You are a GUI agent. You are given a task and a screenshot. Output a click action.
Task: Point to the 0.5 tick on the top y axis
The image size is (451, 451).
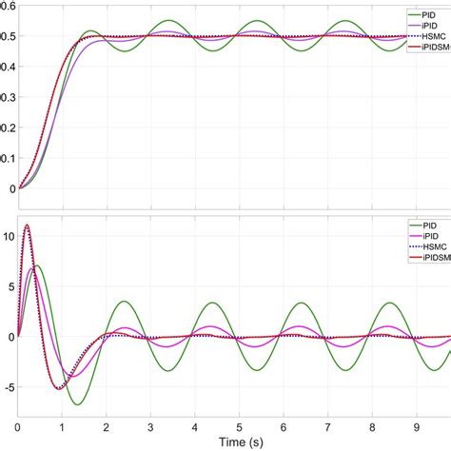click(x=8, y=36)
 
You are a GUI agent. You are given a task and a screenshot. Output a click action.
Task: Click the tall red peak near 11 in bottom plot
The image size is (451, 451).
click(x=27, y=225)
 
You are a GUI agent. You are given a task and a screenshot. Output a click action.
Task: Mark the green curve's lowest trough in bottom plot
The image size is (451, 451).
click(x=77, y=404)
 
